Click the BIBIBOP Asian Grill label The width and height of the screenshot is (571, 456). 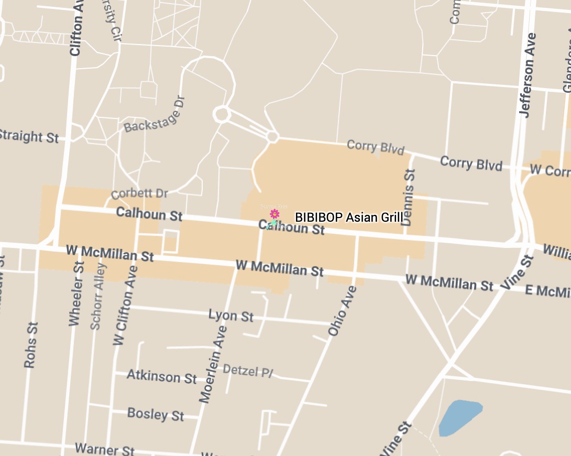point(349,217)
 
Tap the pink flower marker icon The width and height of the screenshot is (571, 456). point(274,214)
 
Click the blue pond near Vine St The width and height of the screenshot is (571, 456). point(459,417)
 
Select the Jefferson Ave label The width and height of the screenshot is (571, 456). point(528,74)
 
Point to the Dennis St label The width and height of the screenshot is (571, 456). point(408,197)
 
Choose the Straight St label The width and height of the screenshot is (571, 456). point(28,136)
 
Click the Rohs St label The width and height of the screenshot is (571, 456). point(30,344)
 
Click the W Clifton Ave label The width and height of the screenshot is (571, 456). point(125,305)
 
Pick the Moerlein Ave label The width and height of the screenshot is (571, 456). point(214,364)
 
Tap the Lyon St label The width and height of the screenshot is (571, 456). point(231,316)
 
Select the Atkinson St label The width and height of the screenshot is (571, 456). point(162,376)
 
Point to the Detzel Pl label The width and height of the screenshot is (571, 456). point(248,371)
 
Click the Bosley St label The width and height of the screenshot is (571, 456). point(156,414)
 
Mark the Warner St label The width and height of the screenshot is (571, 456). point(105,449)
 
